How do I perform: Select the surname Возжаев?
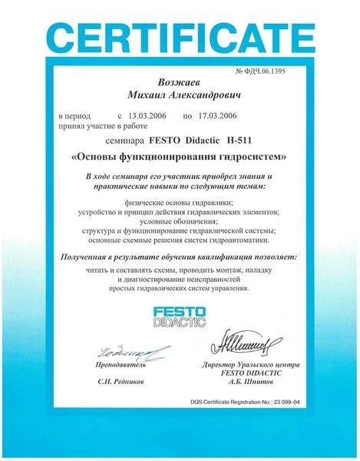tap(178, 82)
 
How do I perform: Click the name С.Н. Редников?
tap(121, 380)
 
